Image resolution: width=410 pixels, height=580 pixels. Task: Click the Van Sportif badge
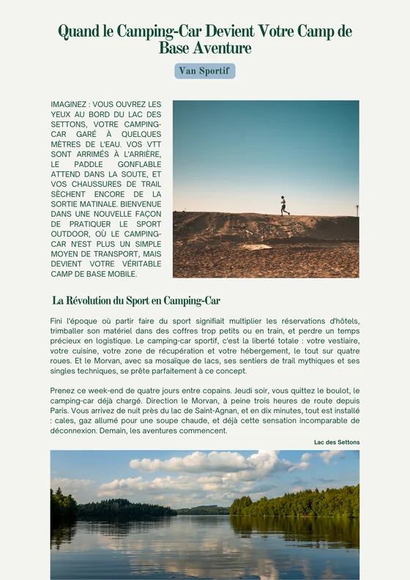point(205,71)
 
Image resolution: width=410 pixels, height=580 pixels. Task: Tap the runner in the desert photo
point(284,206)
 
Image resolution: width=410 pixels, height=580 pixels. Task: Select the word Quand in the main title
point(75,31)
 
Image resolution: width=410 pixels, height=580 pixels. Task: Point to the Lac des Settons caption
point(337,442)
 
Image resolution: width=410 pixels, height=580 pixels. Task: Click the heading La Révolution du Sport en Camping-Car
point(136,301)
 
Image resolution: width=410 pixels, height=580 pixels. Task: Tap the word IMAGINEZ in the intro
point(70,105)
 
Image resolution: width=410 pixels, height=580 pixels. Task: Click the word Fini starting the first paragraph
point(57,321)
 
